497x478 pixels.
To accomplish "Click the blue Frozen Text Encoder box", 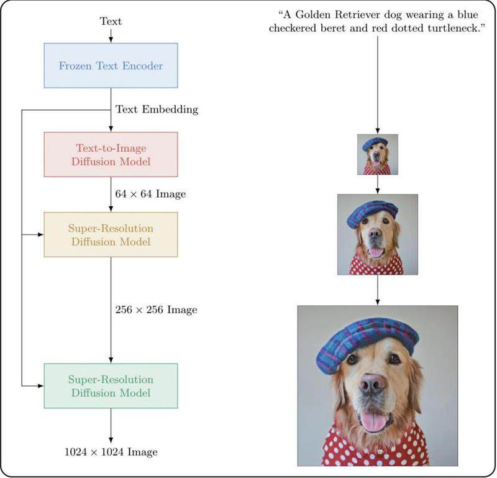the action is point(111,65).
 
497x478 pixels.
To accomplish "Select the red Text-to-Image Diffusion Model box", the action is point(111,155).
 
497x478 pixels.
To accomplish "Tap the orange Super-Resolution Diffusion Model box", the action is point(111,235).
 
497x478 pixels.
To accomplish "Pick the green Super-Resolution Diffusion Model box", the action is point(111,386).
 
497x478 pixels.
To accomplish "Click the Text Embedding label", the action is point(157,109).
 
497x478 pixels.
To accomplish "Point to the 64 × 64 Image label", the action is point(150,194).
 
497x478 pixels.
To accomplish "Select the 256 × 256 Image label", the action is point(157,310).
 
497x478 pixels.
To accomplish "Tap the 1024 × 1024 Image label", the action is point(111,452).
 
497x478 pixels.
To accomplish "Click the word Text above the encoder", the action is point(111,21).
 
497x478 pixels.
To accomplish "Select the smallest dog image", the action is point(378,155).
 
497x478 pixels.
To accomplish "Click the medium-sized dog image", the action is point(378,235).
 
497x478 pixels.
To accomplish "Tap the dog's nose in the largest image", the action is point(372,385).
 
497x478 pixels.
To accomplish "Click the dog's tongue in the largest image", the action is point(373,422).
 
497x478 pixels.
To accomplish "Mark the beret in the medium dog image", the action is point(372,213).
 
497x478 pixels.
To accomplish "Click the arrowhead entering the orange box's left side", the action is point(40,235).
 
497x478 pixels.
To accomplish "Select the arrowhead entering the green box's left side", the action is point(40,386).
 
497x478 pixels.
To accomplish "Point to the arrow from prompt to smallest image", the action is point(378,85).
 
